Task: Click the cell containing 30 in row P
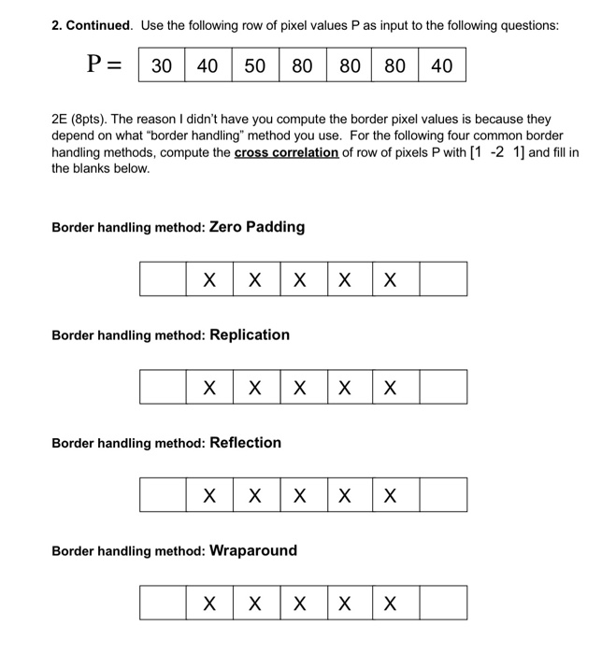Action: click(162, 65)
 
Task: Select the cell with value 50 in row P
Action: click(255, 65)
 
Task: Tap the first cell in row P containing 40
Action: click(208, 65)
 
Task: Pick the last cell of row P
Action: click(442, 65)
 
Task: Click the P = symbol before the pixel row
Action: click(106, 64)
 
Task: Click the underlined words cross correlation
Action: click(286, 152)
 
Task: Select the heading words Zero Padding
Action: click(257, 227)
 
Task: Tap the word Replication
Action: click(250, 334)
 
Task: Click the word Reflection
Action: click(245, 443)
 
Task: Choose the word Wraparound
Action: click(253, 550)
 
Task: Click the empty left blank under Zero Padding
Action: click(163, 279)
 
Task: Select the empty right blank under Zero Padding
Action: click(443, 279)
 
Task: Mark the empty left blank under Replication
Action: click(163, 387)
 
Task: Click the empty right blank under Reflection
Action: click(443, 495)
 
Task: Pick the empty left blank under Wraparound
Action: click(163, 603)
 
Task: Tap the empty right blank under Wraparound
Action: click(443, 603)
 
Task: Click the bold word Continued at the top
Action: click(99, 25)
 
